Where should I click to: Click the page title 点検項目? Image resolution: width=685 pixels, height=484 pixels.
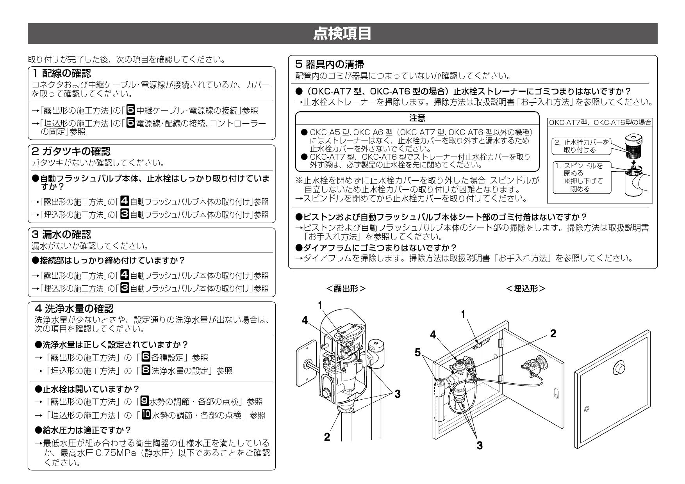pyautogui.click(x=342, y=34)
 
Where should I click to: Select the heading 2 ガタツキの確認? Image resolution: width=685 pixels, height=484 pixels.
pyautogui.click(x=70, y=151)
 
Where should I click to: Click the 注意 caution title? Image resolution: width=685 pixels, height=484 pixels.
pyautogui.click(x=417, y=117)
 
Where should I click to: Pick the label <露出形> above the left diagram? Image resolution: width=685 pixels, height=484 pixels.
pyautogui.click(x=346, y=288)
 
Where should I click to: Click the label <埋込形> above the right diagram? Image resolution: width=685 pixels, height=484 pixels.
pyautogui.click(x=526, y=288)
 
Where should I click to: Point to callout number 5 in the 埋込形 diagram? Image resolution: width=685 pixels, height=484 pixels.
pyautogui.click(x=418, y=352)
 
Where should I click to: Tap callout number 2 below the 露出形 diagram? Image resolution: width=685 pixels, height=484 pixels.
pyautogui.click(x=327, y=436)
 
